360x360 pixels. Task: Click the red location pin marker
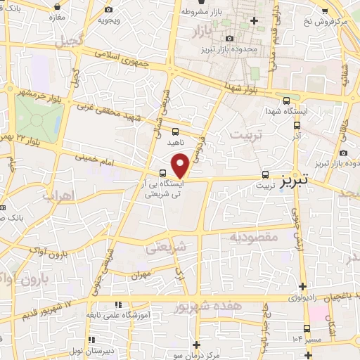point(180,165)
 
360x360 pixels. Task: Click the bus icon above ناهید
point(175,130)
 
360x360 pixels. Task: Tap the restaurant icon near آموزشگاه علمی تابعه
point(118,304)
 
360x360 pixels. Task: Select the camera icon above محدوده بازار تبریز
point(229,39)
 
